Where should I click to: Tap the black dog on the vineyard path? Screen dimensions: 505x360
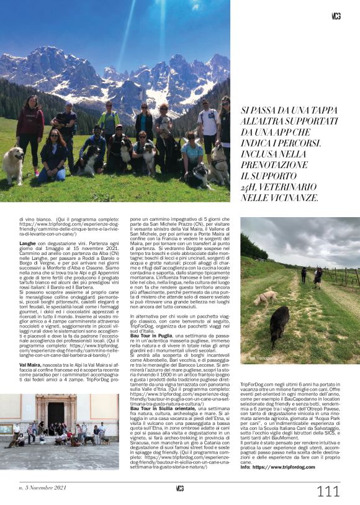point(279,326)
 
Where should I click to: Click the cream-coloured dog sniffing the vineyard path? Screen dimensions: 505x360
point(266,298)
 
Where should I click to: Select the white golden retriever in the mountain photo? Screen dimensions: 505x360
point(13,164)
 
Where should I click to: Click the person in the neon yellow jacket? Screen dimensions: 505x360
point(109,122)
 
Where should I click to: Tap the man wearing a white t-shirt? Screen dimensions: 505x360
point(207,125)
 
